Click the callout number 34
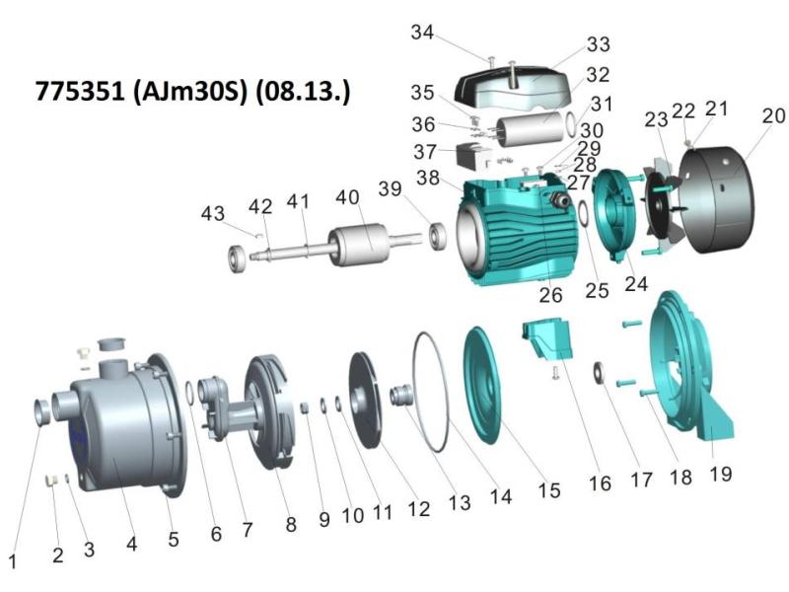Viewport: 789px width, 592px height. click(422, 33)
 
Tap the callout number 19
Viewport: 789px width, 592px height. click(721, 474)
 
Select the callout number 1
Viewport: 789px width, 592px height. click(13, 561)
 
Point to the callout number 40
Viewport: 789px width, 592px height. click(348, 197)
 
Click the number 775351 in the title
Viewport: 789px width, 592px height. click(80, 91)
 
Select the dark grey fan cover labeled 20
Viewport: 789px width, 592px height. click(716, 199)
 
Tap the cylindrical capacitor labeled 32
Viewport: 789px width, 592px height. click(531, 129)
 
